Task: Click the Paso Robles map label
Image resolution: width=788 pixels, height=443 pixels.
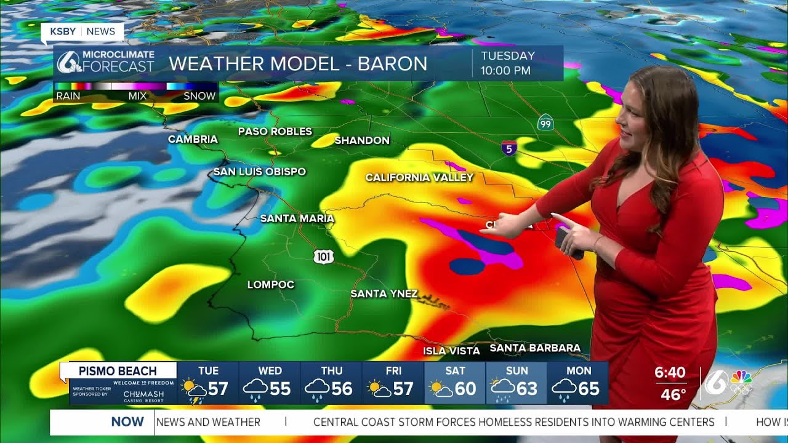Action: coord(275,131)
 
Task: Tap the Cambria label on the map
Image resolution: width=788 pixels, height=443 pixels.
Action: coord(193,139)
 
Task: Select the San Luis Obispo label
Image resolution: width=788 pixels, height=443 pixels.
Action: coord(259,172)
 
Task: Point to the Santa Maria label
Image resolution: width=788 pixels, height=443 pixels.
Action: coord(297,218)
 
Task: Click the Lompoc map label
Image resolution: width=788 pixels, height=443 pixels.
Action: coord(270,284)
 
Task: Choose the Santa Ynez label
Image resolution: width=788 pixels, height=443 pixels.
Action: coord(384,293)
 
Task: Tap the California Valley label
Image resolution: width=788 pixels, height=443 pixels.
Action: coord(419,177)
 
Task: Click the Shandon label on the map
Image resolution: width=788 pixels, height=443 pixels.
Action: coord(362,140)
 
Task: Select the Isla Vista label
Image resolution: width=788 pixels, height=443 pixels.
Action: coord(451,351)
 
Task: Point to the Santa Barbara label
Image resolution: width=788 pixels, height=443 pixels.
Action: coord(534,348)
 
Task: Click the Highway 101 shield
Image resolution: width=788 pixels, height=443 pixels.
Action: coord(323,257)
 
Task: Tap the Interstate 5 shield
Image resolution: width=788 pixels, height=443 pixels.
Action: coord(509,148)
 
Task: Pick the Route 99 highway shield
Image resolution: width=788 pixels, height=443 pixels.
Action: coord(545,122)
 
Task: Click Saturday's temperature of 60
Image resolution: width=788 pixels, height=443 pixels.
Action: coord(465,389)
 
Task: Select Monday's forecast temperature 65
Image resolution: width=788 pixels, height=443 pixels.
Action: coord(589,389)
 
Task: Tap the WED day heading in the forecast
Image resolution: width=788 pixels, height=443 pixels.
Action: coord(270,370)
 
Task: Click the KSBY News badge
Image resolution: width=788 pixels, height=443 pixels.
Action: coord(82,31)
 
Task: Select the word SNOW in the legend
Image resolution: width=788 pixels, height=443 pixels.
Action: coord(199,96)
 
